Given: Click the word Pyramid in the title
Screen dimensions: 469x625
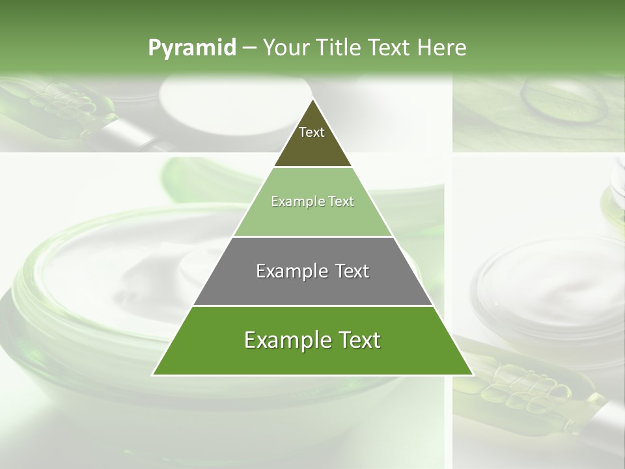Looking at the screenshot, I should pyautogui.click(x=191, y=48).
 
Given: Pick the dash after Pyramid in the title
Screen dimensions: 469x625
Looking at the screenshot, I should pyautogui.click(x=249, y=48).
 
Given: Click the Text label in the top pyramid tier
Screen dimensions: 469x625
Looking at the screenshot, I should pyautogui.click(x=312, y=132).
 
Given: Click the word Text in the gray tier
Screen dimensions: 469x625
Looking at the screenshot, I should pyautogui.click(x=352, y=271).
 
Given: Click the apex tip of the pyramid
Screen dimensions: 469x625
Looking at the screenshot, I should pyautogui.click(x=312, y=99).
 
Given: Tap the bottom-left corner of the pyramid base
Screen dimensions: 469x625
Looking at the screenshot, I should pyautogui.click(x=153, y=375).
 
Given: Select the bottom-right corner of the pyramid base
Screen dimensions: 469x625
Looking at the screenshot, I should pyautogui.click(x=473, y=375).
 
